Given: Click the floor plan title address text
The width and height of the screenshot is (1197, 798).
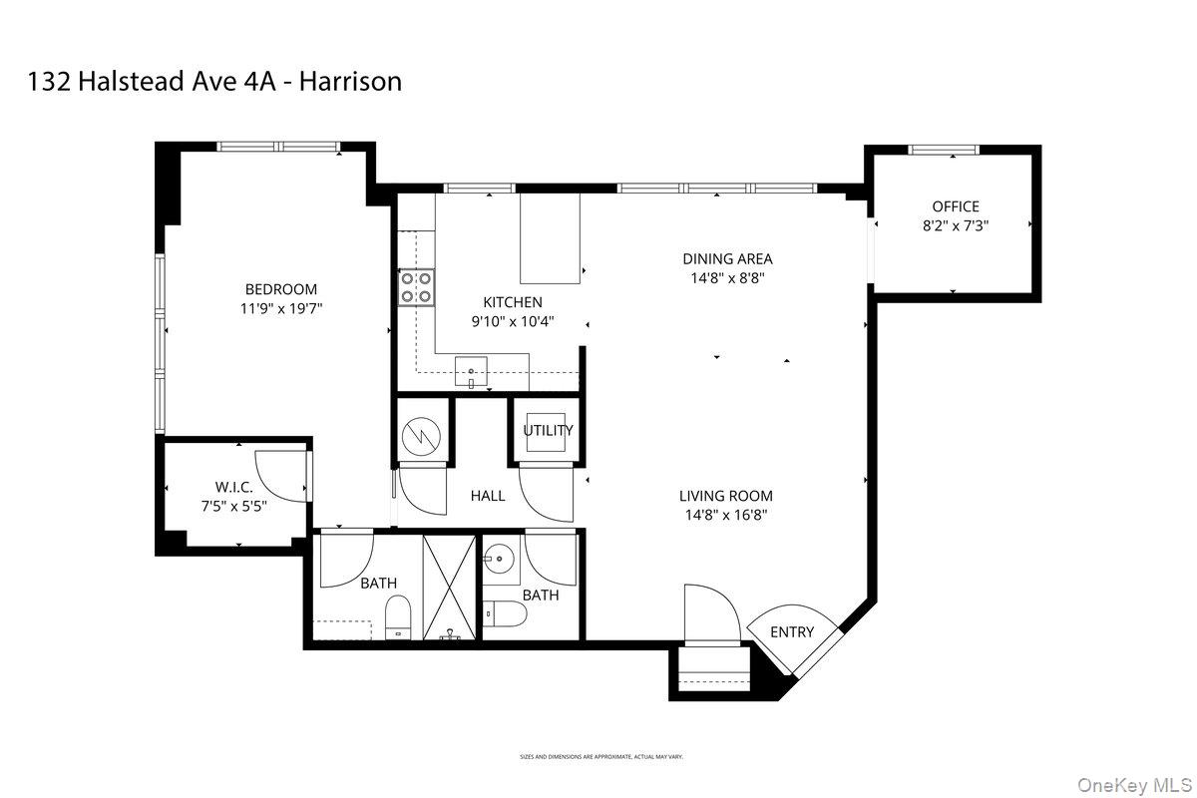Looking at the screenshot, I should [x=215, y=81].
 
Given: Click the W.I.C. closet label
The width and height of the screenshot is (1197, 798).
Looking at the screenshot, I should [x=234, y=486].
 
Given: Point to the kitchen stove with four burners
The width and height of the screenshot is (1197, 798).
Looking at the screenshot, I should [x=416, y=287].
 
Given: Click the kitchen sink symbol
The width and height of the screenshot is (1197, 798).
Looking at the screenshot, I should [x=471, y=373].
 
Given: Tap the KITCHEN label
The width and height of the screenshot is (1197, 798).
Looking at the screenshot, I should [x=513, y=302].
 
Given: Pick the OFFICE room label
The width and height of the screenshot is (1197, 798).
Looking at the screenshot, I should [x=956, y=206].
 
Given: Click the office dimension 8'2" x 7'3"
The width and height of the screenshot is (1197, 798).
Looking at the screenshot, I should [x=956, y=226].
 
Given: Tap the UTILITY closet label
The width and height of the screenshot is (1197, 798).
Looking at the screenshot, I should [x=548, y=431].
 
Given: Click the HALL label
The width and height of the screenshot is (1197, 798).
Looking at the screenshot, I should [x=488, y=496].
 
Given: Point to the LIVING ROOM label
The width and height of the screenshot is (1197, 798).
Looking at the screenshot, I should [x=725, y=496].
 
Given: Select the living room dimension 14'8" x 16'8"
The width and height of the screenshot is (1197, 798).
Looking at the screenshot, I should [x=725, y=516].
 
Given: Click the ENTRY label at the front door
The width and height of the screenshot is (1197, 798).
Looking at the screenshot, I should [x=792, y=631].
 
